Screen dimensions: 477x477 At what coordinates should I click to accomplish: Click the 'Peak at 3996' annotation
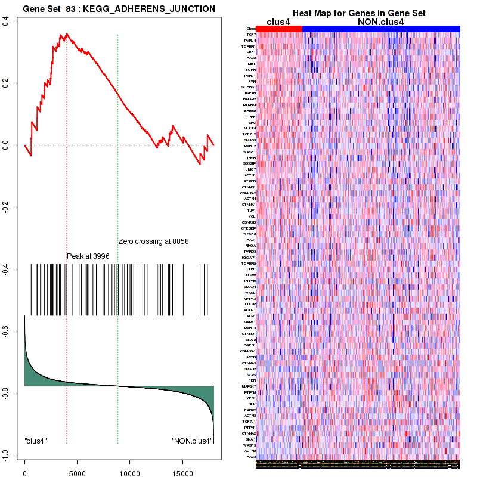click(x=88, y=256)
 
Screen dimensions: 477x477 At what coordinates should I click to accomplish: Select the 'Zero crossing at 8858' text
click(x=153, y=241)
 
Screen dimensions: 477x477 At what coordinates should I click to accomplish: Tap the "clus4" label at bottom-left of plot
click(x=36, y=441)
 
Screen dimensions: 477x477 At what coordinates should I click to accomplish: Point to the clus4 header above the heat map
click(x=279, y=21)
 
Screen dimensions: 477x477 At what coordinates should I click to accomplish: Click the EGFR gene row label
click(x=251, y=70)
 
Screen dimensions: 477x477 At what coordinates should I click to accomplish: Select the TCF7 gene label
click(x=251, y=34)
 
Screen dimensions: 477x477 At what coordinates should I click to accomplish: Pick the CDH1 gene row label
click(x=251, y=269)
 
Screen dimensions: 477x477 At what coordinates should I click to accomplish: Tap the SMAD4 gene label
click(x=250, y=287)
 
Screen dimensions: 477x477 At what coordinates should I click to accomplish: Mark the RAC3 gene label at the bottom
click(x=251, y=457)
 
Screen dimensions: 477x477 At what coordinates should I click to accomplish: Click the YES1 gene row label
click(x=251, y=398)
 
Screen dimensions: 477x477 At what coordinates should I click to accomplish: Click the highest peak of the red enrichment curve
click(x=67, y=34)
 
